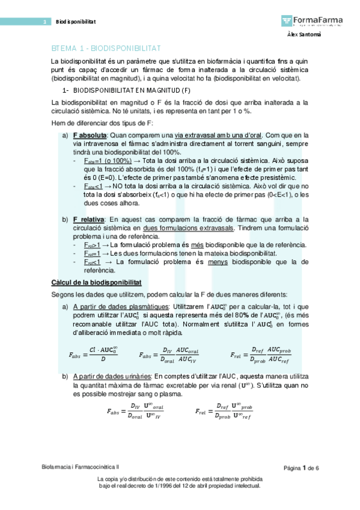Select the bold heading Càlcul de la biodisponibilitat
(97, 281)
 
